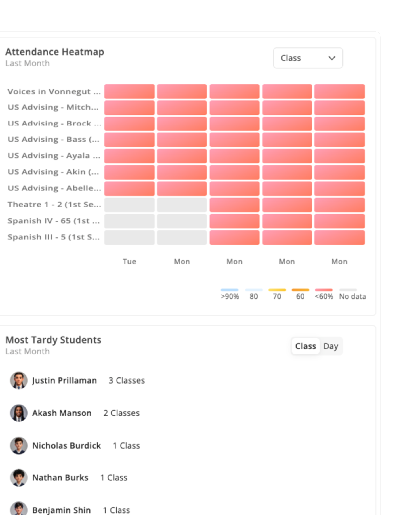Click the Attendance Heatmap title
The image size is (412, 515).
click(55, 52)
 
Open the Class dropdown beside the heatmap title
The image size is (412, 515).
click(308, 58)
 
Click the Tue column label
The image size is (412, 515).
click(129, 262)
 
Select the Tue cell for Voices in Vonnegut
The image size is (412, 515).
click(129, 91)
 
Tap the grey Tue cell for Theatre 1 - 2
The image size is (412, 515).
click(129, 205)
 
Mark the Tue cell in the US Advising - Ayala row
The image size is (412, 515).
click(129, 156)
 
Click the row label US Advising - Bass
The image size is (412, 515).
click(54, 139)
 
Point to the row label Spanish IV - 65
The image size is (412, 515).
click(54, 221)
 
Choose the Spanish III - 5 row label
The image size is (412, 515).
click(54, 237)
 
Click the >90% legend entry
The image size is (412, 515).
click(230, 294)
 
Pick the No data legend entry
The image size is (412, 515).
click(352, 294)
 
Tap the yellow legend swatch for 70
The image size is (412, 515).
click(277, 290)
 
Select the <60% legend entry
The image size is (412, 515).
click(324, 294)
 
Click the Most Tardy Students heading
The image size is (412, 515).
click(54, 340)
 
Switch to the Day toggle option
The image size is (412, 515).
click(331, 346)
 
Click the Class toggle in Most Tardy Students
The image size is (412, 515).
click(306, 346)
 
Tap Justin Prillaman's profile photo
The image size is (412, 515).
click(19, 380)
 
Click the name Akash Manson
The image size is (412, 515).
click(62, 413)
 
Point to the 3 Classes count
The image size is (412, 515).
click(127, 380)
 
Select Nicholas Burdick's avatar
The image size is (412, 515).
click(19, 446)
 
